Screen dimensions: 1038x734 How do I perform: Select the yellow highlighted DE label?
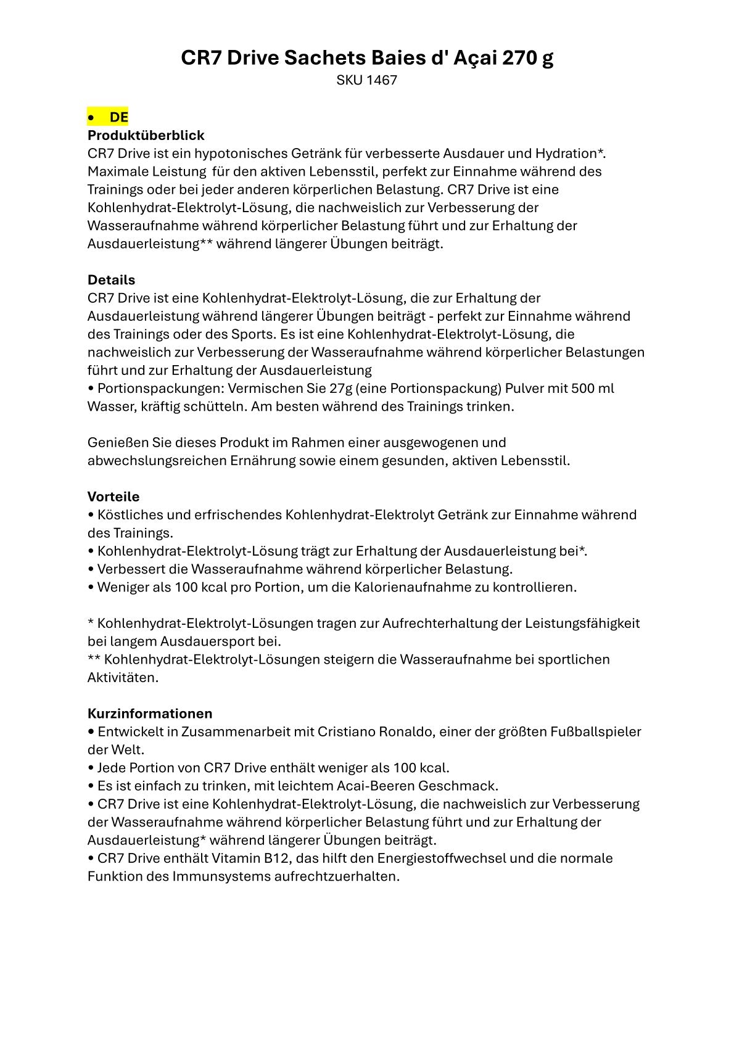[x=118, y=117]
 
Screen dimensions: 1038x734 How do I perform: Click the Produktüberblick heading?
[x=146, y=135]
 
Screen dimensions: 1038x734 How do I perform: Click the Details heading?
[x=111, y=280]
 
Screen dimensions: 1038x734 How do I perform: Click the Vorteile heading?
[x=113, y=496]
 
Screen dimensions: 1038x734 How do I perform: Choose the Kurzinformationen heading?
[x=150, y=714]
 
